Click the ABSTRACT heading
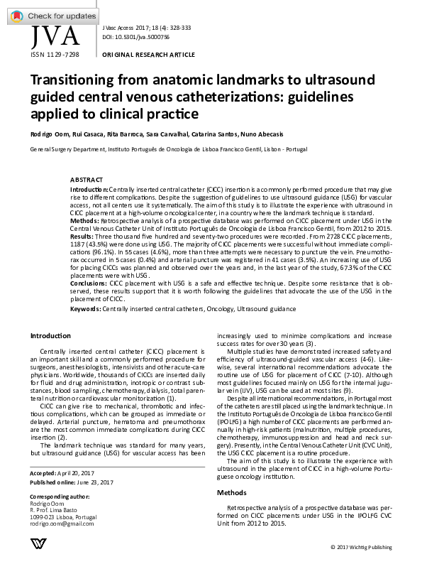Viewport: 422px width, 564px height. coord(86,181)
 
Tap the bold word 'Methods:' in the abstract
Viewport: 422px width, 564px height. coord(86,222)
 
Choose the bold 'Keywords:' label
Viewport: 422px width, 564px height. coord(86,330)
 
